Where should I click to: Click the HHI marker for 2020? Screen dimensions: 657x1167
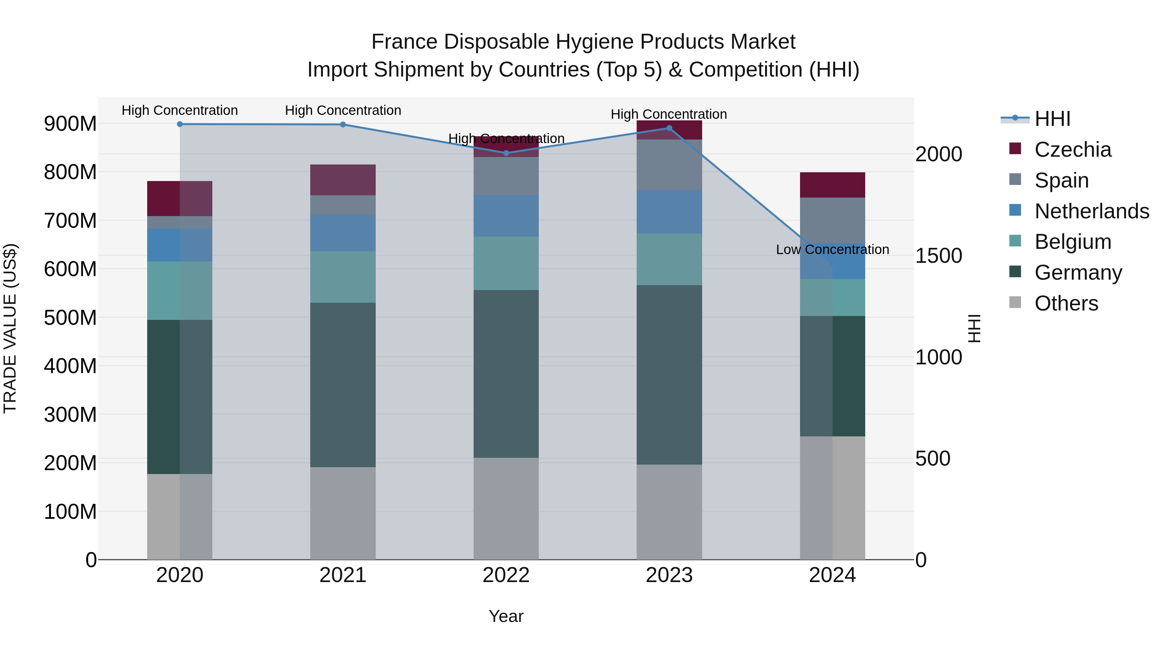tap(180, 124)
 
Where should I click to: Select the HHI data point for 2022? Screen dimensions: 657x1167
tap(506, 153)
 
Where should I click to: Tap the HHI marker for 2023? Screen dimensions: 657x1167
tap(669, 128)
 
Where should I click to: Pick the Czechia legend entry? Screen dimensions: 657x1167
tap(1072, 150)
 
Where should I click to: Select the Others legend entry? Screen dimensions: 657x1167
tap(1066, 303)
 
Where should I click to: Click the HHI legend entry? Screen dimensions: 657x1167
tap(1052, 119)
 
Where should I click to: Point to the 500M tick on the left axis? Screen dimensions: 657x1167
tap(70, 317)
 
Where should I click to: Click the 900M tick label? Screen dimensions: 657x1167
tap(70, 123)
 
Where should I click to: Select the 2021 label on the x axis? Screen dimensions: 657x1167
tap(343, 575)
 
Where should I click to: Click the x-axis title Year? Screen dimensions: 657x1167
tap(506, 616)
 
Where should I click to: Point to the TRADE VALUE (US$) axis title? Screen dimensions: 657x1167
tap(10, 328)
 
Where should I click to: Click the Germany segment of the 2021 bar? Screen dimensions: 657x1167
tap(343, 384)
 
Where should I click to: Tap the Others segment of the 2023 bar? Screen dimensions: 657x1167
tap(669, 512)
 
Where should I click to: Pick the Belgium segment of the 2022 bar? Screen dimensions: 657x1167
tap(506, 263)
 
